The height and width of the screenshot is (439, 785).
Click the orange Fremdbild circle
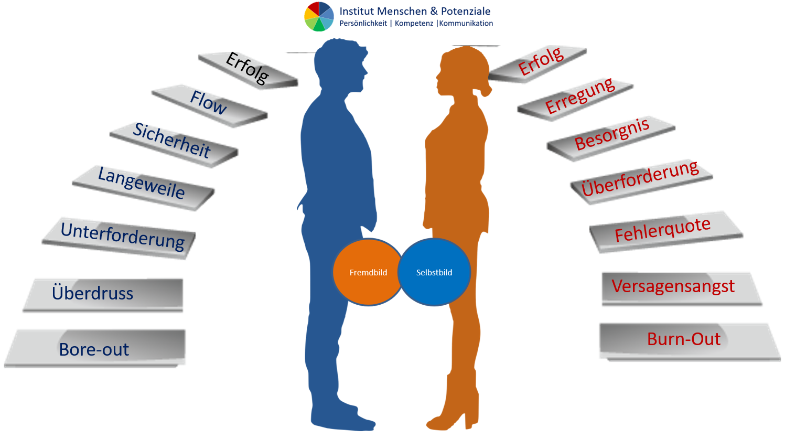pos(368,272)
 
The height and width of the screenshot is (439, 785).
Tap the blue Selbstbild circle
pos(434,272)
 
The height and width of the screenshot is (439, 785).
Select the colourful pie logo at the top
pos(319,16)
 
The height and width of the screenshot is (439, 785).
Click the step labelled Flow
pos(209,103)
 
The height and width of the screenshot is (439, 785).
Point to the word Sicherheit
pos(172,141)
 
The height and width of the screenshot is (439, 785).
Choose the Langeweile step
pos(142,183)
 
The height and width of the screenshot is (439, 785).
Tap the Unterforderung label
pos(123,235)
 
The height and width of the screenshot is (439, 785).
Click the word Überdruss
pos(93,293)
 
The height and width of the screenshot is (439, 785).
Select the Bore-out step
pos(94,349)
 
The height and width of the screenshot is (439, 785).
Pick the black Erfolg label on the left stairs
pos(247,69)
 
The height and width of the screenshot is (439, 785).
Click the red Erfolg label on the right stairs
pos(541,61)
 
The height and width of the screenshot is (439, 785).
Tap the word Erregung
pos(579,96)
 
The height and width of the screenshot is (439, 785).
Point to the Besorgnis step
pos(612,134)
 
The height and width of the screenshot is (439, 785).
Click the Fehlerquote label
pos(663,230)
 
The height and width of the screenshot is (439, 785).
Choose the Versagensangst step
pos(673,286)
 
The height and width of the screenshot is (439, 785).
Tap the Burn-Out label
pos(684,339)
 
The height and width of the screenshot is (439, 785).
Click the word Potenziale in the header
pos(466,11)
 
